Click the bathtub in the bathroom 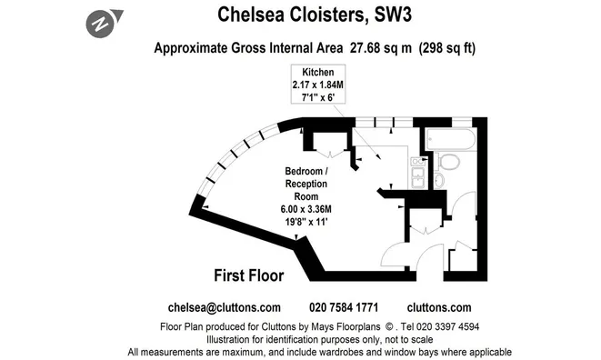(451, 140)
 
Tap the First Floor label (248, 275)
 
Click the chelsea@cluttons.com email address (224, 308)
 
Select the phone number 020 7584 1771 (344, 308)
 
